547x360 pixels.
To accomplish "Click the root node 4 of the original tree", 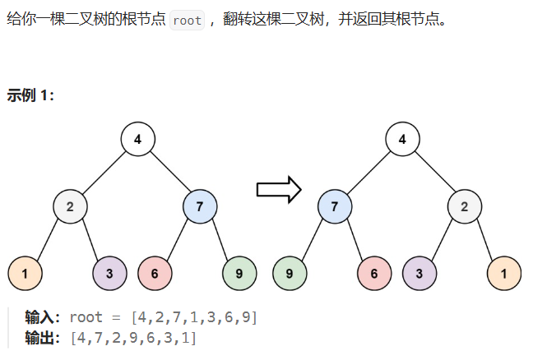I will click(138, 139).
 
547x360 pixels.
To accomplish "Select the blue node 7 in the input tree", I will click(200, 206).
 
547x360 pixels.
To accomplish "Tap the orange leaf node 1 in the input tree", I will click(25, 274).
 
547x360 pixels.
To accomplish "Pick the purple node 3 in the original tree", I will click(109, 274).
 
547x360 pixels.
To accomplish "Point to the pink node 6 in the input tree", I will click(155, 274).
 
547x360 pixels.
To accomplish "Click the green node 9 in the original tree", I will click(239, 274).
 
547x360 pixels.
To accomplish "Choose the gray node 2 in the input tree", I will click(71, 206).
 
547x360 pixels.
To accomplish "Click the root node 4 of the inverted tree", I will click(402, 139).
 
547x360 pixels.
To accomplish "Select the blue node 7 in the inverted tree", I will click(335, 206).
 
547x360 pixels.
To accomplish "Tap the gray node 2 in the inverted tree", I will click(465, 206).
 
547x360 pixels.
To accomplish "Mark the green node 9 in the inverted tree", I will click(290, 274).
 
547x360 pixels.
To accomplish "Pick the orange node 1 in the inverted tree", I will click(504, 274).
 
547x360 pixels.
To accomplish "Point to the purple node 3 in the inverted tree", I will click(420, 274).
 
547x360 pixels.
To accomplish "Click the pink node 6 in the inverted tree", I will click(374, 274).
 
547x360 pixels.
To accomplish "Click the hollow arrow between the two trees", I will click(279, 191).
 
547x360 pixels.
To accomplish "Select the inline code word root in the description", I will click(188, 20).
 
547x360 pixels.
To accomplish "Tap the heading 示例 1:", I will click(30, 95).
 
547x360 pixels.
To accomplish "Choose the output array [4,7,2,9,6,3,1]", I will click(133, 337).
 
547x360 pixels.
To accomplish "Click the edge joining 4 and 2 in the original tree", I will click(104, 173).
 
